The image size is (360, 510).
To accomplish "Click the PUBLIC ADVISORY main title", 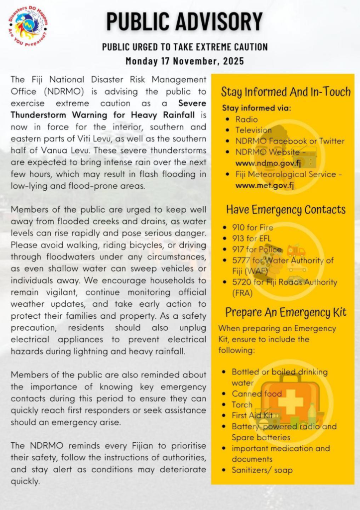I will [x=184, y=21].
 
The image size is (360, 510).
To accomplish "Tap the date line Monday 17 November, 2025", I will [x=185, y=61].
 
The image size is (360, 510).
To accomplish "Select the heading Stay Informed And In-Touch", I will [x=286, y=92].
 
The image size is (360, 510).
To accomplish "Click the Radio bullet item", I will [x=246, y=120].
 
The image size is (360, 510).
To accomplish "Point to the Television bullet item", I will [x=253, y=130].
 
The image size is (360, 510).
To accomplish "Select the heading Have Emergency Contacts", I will [x=286, y=210].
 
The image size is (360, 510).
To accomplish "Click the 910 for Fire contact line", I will [x=252, y=228].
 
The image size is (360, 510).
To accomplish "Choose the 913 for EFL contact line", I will [x=251, y=239].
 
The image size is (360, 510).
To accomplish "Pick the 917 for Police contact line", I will [x=256, y=250].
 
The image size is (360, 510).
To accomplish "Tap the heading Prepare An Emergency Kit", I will [x=286, y=312].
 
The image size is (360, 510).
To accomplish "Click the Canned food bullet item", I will [x=256, y=394].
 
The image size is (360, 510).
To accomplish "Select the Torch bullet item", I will [x=242, y=405].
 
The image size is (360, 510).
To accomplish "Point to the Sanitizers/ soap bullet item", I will [x=262, y=470].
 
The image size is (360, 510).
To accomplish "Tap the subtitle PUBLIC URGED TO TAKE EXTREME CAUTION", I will [x=185, y=47].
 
